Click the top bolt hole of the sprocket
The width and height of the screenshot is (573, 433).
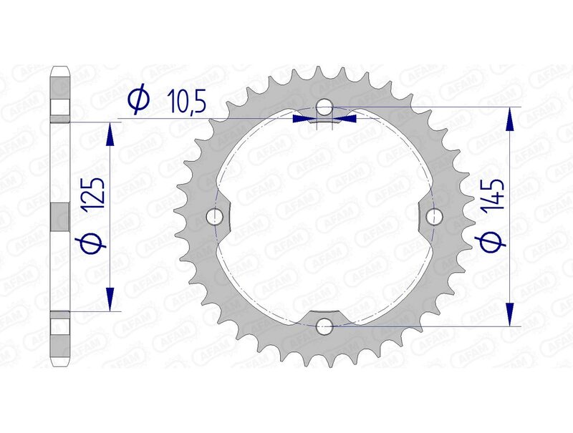[x=324, y=108]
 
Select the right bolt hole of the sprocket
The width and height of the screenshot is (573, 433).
[x=434, y=217]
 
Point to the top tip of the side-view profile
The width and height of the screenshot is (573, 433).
[x=61, y=68]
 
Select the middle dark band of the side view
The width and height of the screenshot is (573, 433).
[x=61, y=216]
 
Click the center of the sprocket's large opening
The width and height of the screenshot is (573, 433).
[x=324, y=217]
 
